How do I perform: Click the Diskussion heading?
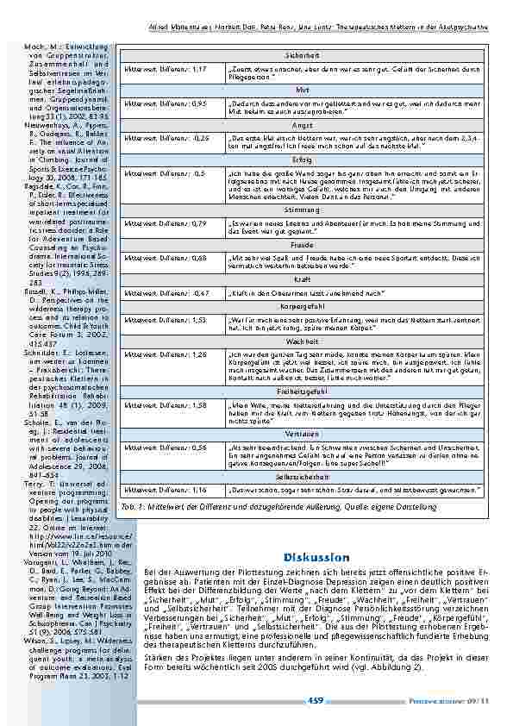tap(315, 533)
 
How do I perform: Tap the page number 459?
tap(316, 701)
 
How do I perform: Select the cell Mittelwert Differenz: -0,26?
tap(172, 138)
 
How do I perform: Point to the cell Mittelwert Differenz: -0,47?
tap(172, 293)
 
